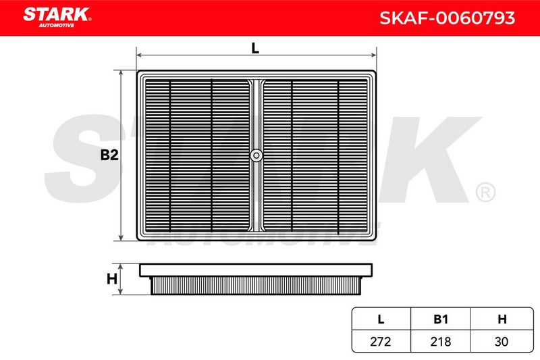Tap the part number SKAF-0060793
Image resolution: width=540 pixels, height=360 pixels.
(447, 18)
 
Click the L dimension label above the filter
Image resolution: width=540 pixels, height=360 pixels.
(255, 48)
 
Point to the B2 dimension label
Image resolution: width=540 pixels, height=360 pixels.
(109, 155)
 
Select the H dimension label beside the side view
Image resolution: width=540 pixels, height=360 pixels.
(111, 279)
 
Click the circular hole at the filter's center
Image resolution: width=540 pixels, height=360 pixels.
(256, 155)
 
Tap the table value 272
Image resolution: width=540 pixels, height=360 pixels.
(381, 341)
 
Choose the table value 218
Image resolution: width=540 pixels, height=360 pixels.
(441, 341)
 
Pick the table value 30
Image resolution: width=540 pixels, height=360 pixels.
(502, 341)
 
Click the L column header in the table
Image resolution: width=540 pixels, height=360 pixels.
(381, 319)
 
